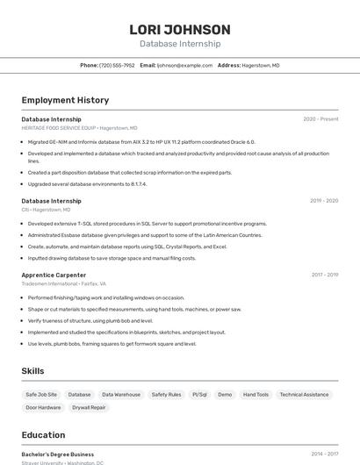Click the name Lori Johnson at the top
180,30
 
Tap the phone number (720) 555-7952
117,66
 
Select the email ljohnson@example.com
184,66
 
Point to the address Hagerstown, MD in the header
261,66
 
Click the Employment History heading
65,100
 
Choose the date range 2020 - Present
320,119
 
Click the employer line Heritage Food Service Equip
73,128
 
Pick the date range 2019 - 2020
324,201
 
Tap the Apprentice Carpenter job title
54,275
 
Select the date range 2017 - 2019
324,275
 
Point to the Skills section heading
32,371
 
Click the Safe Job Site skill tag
41,395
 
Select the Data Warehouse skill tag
121,395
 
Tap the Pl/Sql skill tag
199,395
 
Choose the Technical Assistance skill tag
304,395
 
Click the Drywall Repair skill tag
89,408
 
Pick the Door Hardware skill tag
43,408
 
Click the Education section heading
43,435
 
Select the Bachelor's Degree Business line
58,454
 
